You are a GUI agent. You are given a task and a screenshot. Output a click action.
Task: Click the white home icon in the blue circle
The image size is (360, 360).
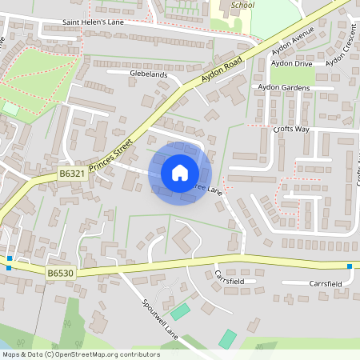click(179, 173)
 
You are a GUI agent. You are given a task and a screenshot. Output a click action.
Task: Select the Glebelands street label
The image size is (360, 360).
click(148, 74)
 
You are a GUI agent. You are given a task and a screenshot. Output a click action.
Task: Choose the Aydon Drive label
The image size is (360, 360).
click(291, 62)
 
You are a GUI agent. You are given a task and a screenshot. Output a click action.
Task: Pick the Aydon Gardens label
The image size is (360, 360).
click(283, 86)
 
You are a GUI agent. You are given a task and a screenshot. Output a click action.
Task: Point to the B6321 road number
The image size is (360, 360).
click(71, 173)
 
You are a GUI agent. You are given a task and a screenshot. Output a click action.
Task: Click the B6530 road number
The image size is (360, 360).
click(60, 273)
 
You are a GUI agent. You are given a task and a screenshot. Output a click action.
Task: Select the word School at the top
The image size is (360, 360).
click(242, 5)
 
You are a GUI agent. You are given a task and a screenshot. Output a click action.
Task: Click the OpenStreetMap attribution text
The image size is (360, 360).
click(80, 354)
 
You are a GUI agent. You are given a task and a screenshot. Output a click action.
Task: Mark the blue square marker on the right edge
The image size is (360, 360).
click(350, 266)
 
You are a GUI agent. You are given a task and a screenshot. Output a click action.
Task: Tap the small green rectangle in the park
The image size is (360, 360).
click(10, 107)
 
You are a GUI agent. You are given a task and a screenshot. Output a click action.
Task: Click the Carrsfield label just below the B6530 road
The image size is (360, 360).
click(230, 281)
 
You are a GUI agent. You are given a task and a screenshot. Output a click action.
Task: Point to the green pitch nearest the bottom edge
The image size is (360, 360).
click(228, 338)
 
